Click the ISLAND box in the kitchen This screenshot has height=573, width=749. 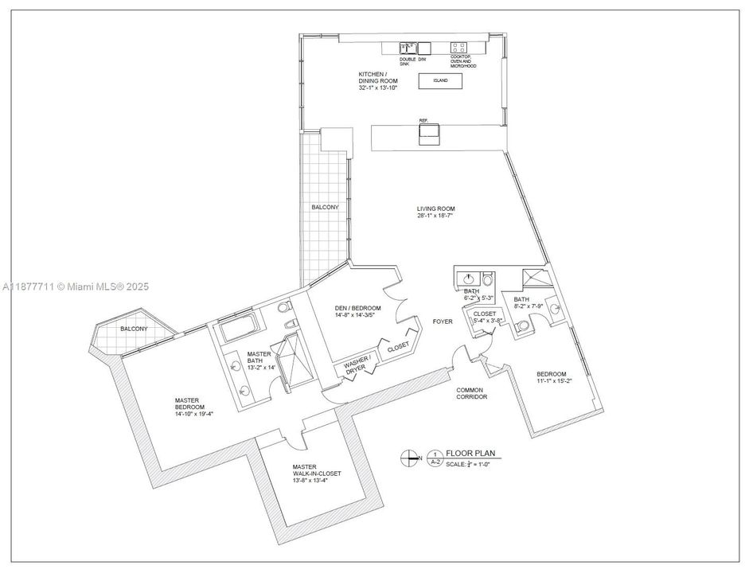click(440, 81)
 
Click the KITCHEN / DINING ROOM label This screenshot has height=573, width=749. click(377, 79)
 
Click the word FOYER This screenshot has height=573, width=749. click(443, 322)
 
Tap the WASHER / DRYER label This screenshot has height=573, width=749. click(357, 367)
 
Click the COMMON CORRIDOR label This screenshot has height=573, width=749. click(471, 392)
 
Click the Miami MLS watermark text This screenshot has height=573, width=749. click(76, 286)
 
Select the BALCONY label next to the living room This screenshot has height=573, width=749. click(325, 207)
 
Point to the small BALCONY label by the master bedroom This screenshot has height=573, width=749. click(133, 329)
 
